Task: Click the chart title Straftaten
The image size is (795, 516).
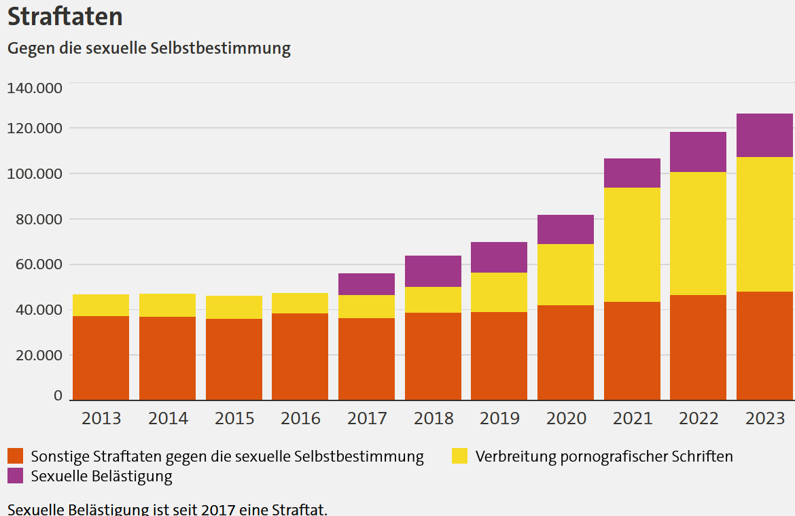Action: (65, 17)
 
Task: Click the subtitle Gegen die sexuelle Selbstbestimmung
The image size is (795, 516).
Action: (149, 48)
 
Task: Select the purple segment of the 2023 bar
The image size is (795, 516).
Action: (764, 135)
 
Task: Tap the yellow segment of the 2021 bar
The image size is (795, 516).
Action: (632, 245)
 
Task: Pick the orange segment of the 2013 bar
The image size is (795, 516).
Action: (101, 358)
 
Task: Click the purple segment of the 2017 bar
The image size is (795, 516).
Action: (366, 284)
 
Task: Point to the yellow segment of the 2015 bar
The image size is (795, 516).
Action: (234, 307)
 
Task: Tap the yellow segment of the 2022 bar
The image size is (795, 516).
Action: (698, 233)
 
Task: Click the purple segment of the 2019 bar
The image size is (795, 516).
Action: (499, 257)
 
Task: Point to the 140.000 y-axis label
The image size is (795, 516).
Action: (35, 88)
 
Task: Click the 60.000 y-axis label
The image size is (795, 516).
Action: (35, 264)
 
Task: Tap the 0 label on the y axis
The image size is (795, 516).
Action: (58, 395)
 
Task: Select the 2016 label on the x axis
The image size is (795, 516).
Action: (300, 418)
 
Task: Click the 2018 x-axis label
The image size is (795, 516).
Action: (433, 418)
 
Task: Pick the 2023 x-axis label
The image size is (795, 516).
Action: (764, 418)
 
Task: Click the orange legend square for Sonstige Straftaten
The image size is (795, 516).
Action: (16, 456)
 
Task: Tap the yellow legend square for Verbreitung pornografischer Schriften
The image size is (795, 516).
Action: (460, 456)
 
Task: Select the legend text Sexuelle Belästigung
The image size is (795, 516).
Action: (102, 476)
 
